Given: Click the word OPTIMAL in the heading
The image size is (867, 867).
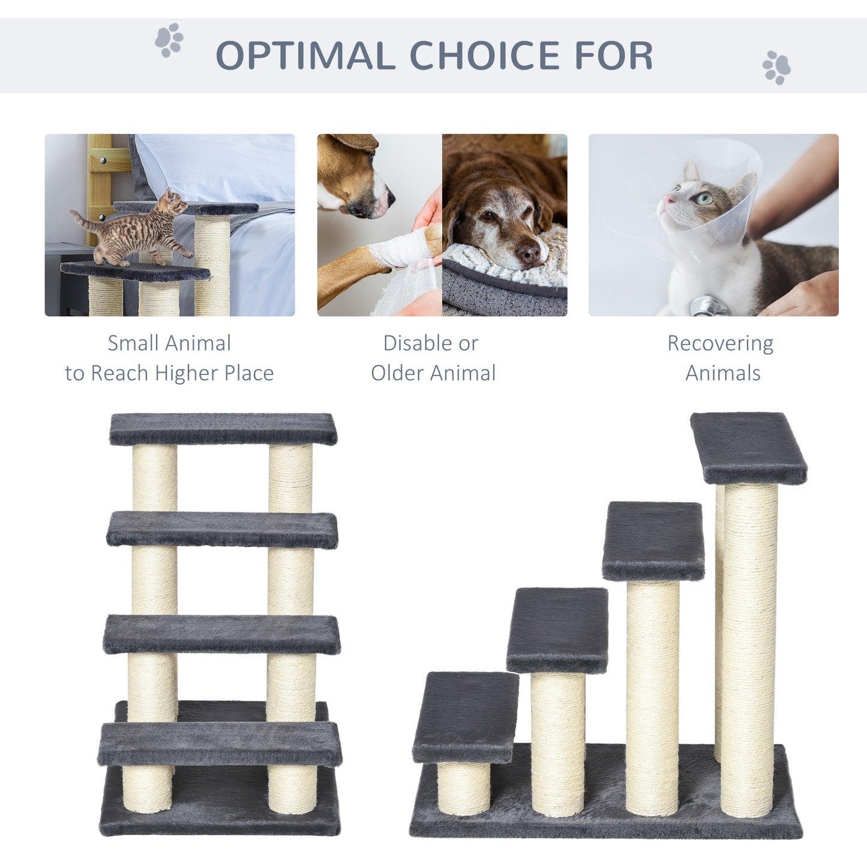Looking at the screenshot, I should tap(304, 56).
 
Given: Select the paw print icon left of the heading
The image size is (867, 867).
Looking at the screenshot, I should tap(169, 40).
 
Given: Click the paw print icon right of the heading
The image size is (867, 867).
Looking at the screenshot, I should tap(776, 67).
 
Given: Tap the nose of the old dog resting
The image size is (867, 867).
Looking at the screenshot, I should tap(529, 253).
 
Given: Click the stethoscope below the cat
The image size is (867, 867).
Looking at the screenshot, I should tap(708, 307).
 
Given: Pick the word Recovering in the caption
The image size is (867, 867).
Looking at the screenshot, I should tap(720, 344).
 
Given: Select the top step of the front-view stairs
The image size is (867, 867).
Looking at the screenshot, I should tap(223, 428).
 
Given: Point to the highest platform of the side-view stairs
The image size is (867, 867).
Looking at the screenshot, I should tap(748, 447).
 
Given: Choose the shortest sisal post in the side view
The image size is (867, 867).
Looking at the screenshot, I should tap(463, 787).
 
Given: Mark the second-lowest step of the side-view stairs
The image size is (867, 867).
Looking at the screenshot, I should tap(557, 629).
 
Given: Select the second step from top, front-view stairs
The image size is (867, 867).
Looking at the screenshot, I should tap(222, 529).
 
